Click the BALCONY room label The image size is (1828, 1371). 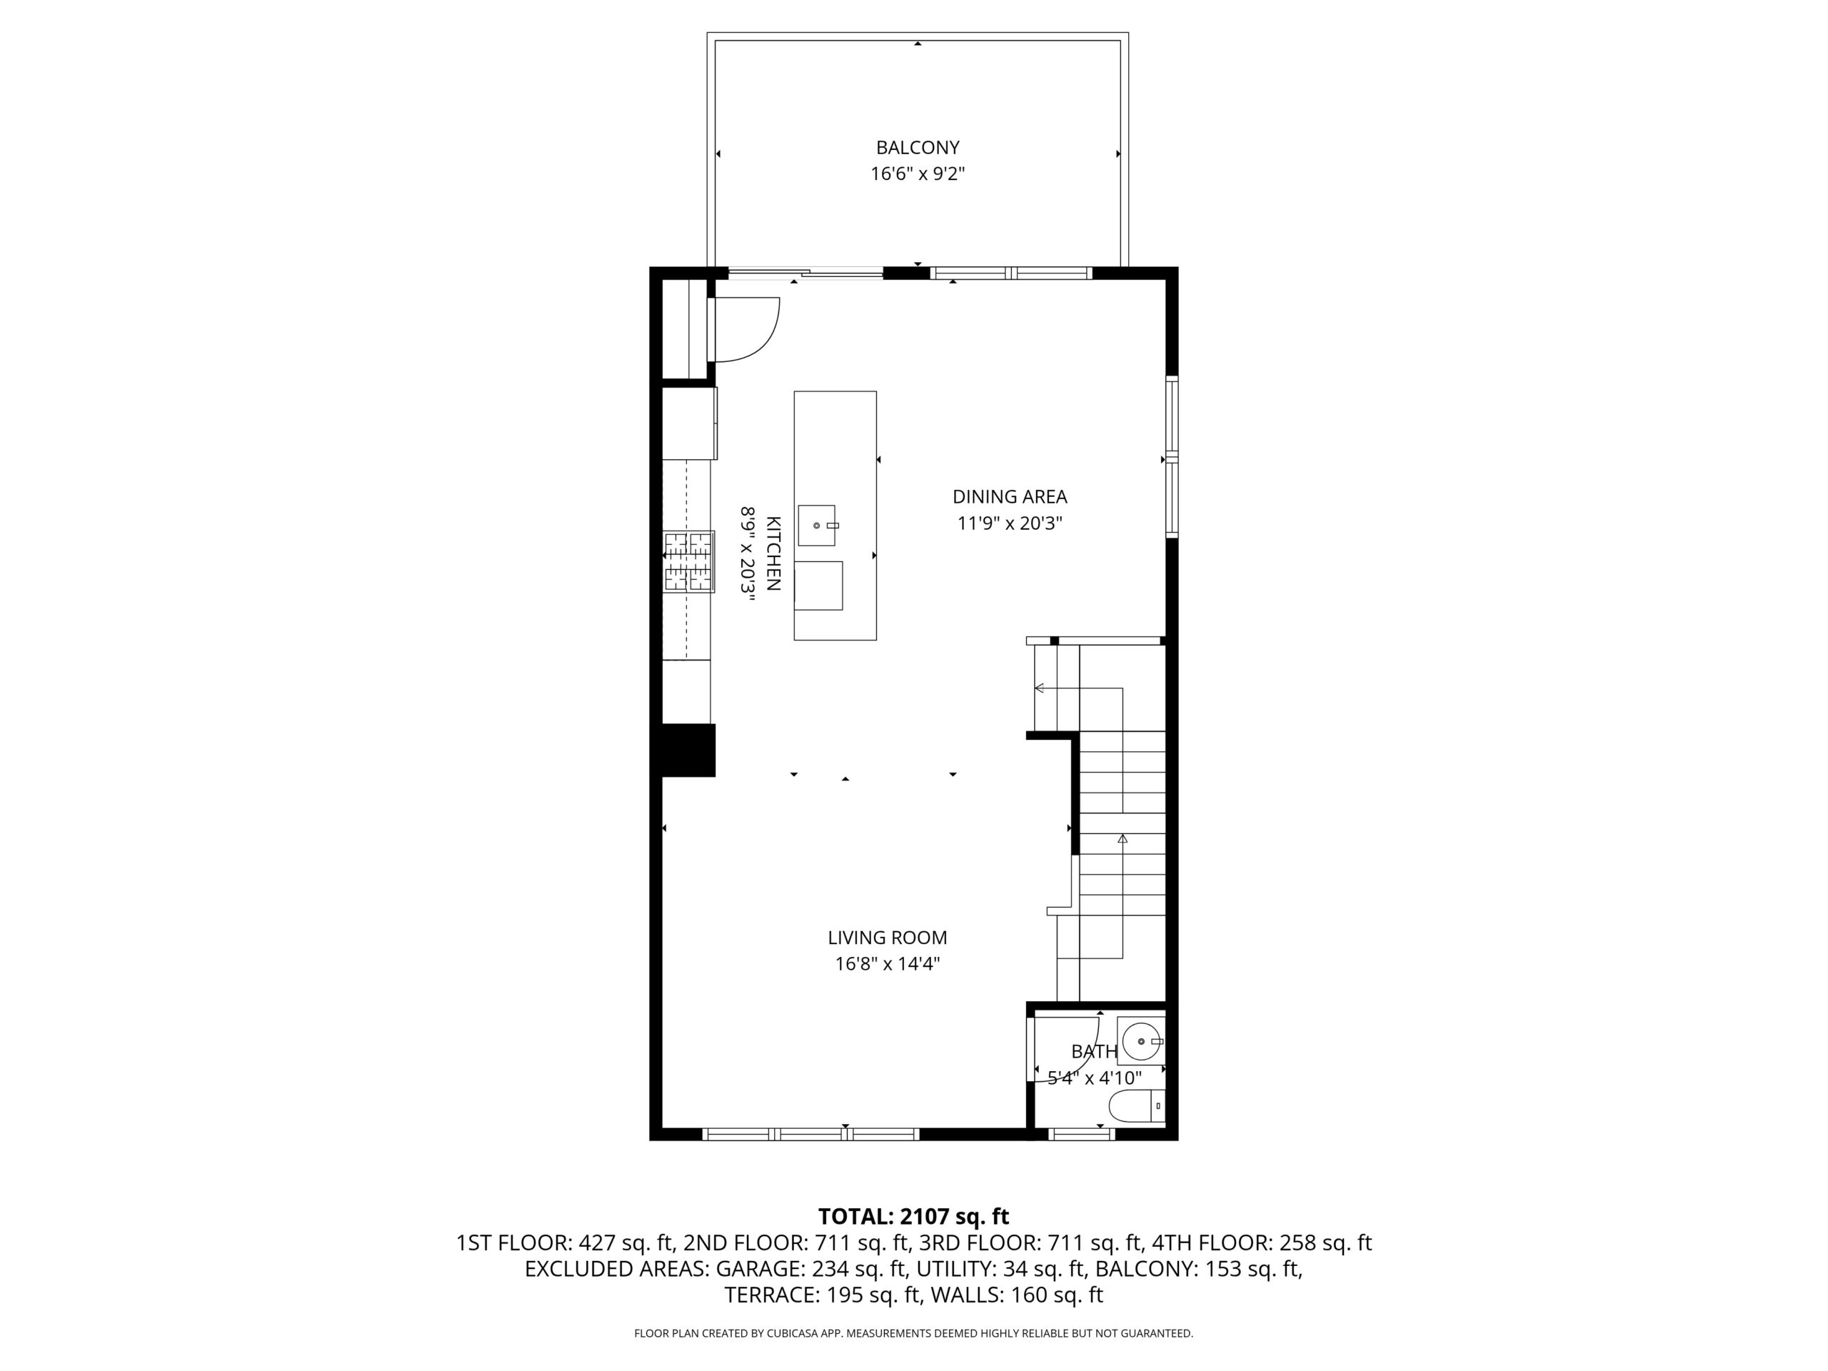[918, 148]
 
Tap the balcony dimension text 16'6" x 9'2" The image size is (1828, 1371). [918, 174]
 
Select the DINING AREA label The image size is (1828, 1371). [1010, 497]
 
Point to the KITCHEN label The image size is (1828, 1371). [773, 553]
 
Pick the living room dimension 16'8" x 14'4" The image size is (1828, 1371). [888, 963]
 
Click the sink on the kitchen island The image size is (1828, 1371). [816, 526]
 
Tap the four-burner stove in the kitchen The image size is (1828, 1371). [688, 562]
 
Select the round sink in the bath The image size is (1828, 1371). [1141, 1041]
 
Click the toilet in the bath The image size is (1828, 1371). [1137, 1105]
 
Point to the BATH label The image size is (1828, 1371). [1094, 1051]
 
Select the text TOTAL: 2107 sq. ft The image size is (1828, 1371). [913, 1217]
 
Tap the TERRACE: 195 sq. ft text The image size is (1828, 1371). [823, 1295]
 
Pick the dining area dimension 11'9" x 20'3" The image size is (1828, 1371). [1010, 523]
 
